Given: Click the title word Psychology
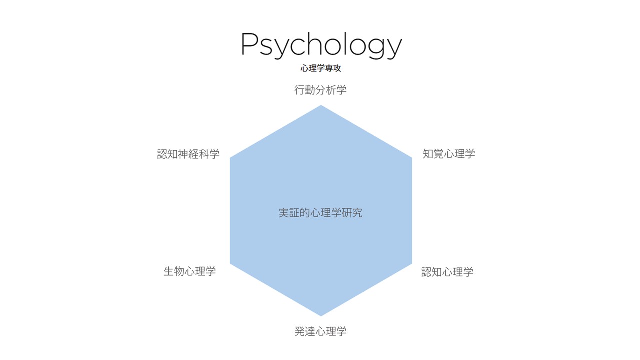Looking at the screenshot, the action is click(x=321, y=45).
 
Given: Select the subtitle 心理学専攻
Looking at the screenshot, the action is click(x=321, y=69).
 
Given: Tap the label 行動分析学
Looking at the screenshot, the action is click(x=320, y=90).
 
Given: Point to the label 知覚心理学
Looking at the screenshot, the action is click(x=449, y=154).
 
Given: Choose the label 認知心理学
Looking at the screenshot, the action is click(x=447, y=272).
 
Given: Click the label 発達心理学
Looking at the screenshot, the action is click(x=320, y=331).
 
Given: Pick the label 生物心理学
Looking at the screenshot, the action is click(x=190, y=272).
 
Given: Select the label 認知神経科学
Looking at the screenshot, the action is click(x=188, y=154).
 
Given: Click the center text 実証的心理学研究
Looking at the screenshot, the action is click(x=320, y=213).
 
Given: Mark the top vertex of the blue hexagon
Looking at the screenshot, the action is click(x=321, y=105).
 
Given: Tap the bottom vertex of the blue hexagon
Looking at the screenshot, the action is click(x=321, y=316).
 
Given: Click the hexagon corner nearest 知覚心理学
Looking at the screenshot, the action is click(x=412, y=158).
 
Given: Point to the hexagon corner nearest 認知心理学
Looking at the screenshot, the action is click(x=412, y=263).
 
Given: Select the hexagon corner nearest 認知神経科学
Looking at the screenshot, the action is click(x=230, y=158).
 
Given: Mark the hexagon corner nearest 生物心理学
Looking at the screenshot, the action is click(x=230, y=263).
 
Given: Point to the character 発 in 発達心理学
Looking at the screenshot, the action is click(x=300, y=331).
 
